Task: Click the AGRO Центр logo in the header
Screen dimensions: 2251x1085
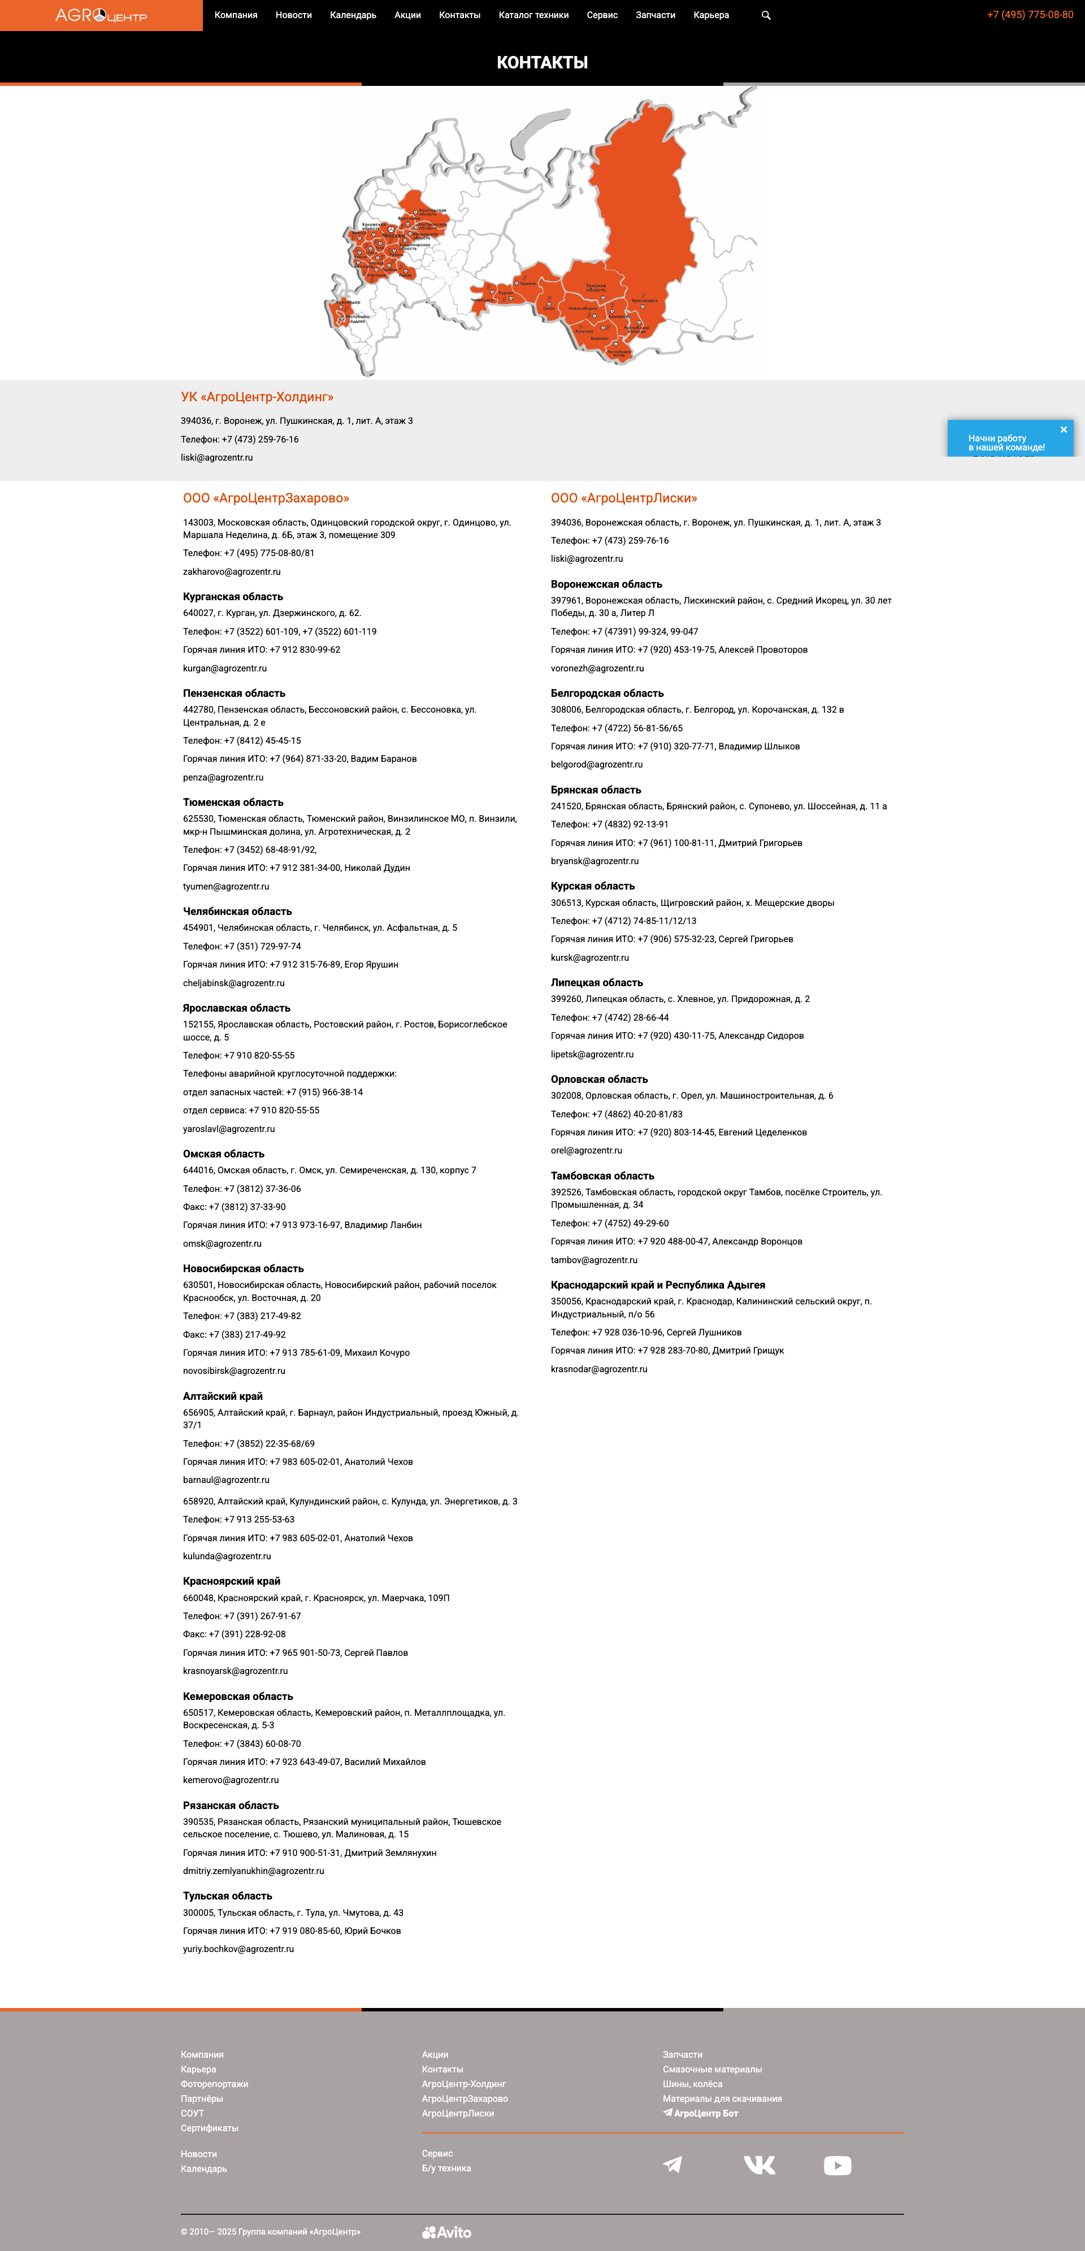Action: click(101, 15)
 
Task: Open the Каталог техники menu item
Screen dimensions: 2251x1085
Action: click(533, 15)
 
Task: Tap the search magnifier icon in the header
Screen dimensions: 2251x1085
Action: click(766, 15)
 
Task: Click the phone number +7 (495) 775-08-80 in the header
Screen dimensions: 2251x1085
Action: click(1030, 15)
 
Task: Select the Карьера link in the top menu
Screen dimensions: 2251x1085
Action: click(710, 15)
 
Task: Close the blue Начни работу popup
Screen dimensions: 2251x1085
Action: click(1063, 429)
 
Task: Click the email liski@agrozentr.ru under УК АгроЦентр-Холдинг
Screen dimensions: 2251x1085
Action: click(216, 458)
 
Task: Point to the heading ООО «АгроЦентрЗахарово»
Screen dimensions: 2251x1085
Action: click(266, 498)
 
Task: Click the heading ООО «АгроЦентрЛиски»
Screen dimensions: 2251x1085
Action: click(624, 498)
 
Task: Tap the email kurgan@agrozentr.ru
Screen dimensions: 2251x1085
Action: click(224, 669)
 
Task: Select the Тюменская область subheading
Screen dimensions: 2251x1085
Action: click(233, 802)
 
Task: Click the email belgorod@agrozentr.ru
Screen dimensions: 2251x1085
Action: click(597, 765)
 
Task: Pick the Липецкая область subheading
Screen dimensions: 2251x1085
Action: click(597, 983)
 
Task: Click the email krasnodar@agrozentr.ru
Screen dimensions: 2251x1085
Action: click(599, 1369)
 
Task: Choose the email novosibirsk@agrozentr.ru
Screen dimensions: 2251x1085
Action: click(234, 1371)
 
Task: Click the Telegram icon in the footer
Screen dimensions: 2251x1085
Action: click(672, 2165)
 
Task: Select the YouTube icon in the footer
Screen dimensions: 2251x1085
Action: click(837, 2165)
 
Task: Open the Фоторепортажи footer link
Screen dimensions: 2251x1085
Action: click(215, 2084)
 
